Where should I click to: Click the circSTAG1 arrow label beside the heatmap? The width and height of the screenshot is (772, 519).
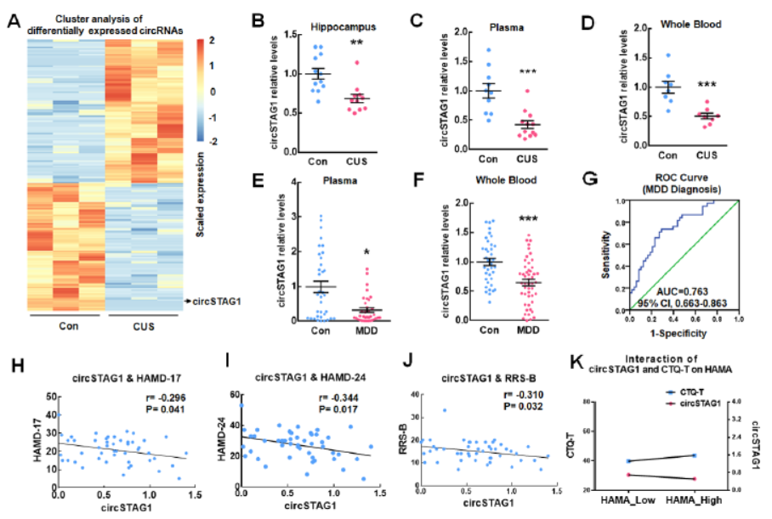coord(215,302)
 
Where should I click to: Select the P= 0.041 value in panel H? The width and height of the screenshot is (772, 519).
coord(162,408)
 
